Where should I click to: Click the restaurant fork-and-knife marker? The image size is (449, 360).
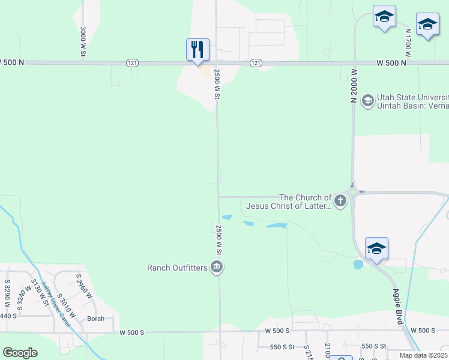coord(198,49)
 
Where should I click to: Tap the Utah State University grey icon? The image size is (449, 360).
coord(367,101)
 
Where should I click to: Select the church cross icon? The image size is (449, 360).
coord(340,201)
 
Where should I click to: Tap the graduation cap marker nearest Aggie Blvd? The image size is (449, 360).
coord(376,248)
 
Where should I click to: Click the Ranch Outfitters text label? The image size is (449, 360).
coord(177,268)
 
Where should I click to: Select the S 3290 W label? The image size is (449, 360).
coord(8,293)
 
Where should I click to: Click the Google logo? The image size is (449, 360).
coord(20,353)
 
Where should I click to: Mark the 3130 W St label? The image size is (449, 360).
coord(38,295)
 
